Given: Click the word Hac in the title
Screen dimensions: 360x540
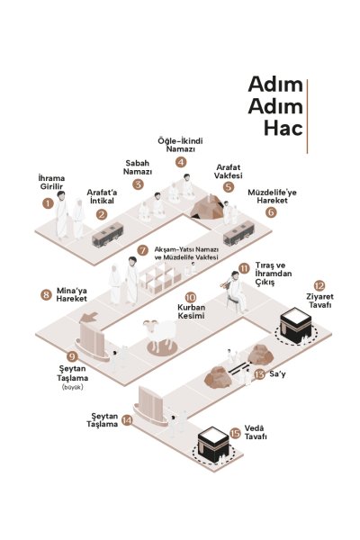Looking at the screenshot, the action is click(x=283, y=128).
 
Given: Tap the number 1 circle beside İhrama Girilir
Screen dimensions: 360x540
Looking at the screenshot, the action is click(x=48, y=203).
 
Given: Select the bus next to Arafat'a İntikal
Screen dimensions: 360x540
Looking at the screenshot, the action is click(x=107, y=235).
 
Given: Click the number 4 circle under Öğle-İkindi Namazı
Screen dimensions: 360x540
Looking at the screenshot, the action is click(x=181, y=162).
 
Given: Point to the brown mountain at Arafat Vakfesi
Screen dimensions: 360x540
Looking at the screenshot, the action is click(x=207, y=207).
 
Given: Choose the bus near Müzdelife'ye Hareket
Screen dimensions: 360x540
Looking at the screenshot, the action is click(x=238, y=233).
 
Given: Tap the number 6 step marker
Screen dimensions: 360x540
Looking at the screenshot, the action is click(x=271, y=211).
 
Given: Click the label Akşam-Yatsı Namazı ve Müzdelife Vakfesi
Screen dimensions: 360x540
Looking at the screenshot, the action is click(x=186, y=253).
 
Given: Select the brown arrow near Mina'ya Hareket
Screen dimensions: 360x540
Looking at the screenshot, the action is click(x=89, y=317).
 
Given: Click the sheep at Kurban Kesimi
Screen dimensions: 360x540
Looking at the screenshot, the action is click(x=160, y=335).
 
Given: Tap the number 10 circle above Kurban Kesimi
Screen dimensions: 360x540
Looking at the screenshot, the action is click(x=191, y=297).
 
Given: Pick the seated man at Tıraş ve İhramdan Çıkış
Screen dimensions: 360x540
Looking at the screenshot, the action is click(x=235, y=292).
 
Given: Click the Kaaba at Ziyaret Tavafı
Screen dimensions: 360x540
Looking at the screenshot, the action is click(x=296, y=325).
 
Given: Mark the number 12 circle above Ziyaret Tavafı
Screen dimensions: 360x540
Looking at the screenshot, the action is click(x=319, y=285).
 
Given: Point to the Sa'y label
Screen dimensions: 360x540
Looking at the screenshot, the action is click(x=277, y=373).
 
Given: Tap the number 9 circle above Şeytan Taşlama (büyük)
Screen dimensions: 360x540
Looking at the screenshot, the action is click(x=72, y=356).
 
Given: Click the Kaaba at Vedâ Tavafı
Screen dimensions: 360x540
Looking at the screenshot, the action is click(x=213, y=445).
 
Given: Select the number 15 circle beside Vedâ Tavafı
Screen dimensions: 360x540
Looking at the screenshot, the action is click(x=235, y=433).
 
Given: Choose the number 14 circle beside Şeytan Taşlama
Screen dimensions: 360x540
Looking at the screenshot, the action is click(x=127, y=420).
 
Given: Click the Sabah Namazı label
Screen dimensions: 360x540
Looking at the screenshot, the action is click(x=138, y=167).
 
